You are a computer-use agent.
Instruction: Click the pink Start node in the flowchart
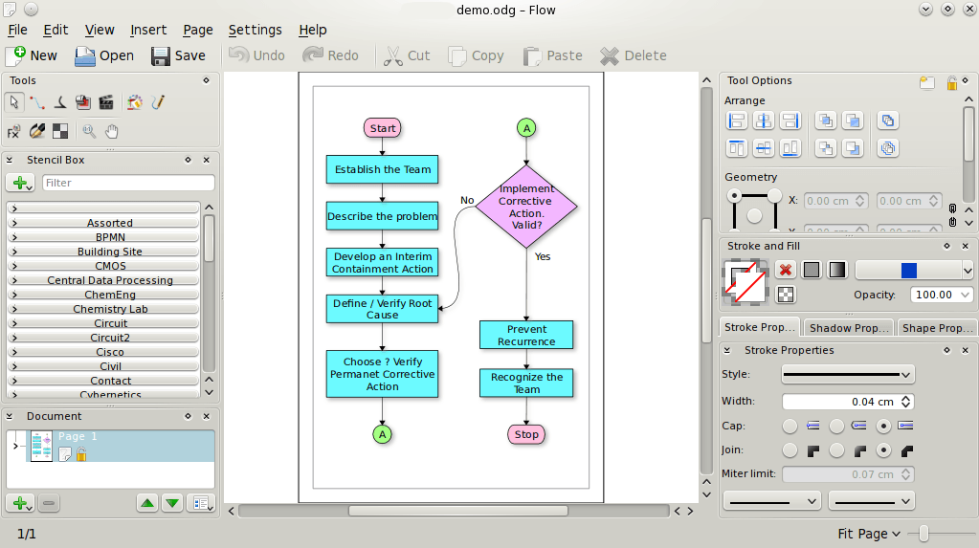pyautogui.click(x=382, y=128)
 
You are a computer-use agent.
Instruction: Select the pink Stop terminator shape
pyautogui.click(x=526, y=434)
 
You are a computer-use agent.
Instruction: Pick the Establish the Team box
pyautogui.click(x=382, y=169)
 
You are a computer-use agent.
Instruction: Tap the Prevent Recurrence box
pyautogui.click(x=526, y=335)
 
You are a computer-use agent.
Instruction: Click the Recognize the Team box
pyautogui.click(x=526, y=383)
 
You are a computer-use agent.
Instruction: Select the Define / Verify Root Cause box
pyautogui.click(x=382, y=308)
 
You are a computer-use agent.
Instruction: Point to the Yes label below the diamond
pyautogui.click(x=543, y=256)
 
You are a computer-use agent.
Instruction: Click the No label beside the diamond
pyautogui.click(x=467, y=200)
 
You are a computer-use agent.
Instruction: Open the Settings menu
pyautogui.click(x=255, y=30)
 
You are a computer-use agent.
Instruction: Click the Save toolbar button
pyautogui.click(x=178, y=55)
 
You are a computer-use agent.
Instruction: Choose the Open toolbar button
pyautogui.click(x=104, y=55)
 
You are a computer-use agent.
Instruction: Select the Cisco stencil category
pyautogui.click(x=110, y=352)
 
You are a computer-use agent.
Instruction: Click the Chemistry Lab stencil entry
pyautogui.click(x=110, y=309)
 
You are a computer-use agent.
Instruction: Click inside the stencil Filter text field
pyautogui.click(x=127, y=183)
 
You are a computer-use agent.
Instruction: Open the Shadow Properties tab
pyautogui.click(x=848, y=328)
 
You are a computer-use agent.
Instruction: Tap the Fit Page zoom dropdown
pyautogui.click(x=869, y=534)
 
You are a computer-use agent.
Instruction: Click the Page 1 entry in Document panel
pyautogui.click(x=78, y=437)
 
